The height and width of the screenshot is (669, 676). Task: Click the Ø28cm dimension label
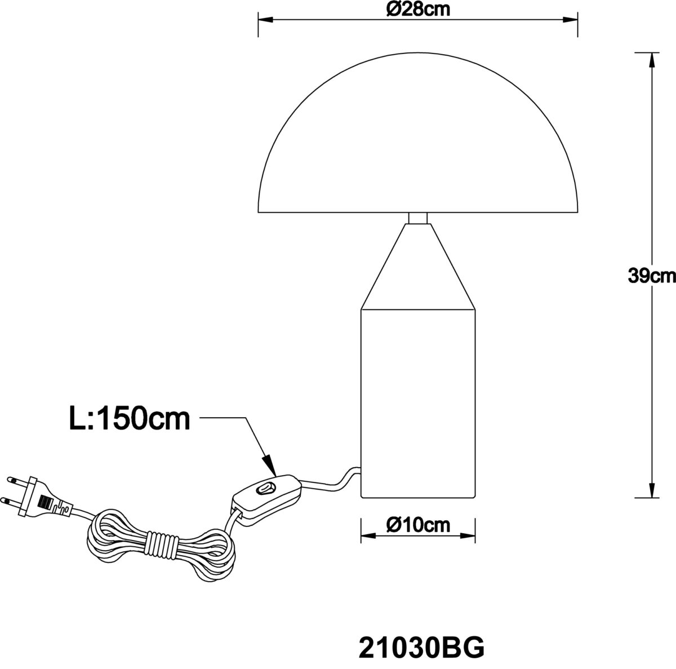(418, 10)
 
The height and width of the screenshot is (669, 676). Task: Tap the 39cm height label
(652, 276)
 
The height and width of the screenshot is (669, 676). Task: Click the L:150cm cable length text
(130, 419)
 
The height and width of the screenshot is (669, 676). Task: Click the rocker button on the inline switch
(265, 488)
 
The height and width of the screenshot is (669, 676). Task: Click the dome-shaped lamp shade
(418, 132)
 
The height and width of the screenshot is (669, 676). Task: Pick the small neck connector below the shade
(418, 218)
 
